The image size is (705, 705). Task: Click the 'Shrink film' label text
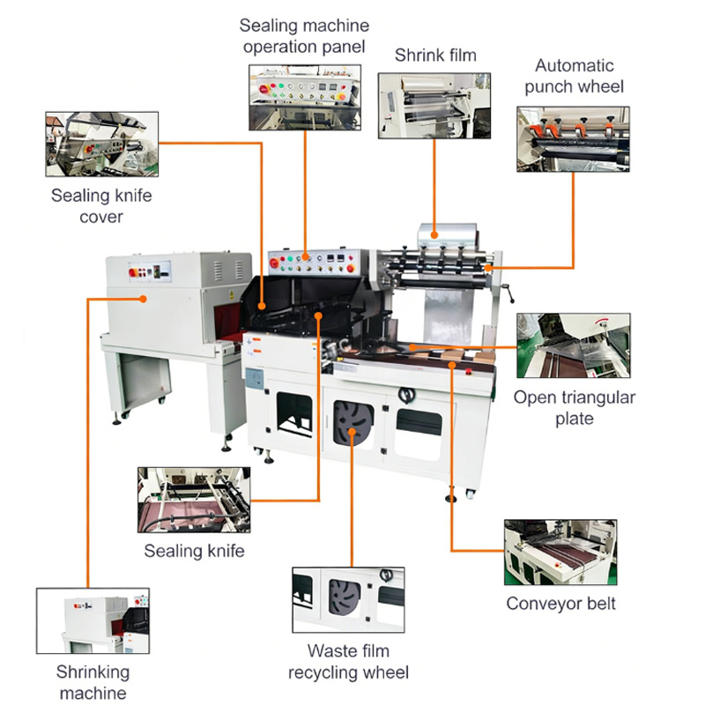coord(435,56)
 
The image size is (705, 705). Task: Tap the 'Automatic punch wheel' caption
coord(575,76)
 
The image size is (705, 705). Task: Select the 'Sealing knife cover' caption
coord(101,206)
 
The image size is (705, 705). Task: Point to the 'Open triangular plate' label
coord(575,408)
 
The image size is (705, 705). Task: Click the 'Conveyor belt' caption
coord(560,604)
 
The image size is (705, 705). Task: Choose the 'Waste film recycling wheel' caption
coord(348,662)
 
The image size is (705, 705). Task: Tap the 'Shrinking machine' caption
coord(93,682)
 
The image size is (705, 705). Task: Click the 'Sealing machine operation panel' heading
coord(304,36)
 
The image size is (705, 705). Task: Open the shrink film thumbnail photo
coord(434,106)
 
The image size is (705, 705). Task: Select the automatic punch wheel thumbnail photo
coord(574,139)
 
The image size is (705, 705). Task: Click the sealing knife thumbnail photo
coord(194,500)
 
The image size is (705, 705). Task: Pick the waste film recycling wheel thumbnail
coord(348,600)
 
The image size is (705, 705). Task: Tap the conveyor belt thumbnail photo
coord(560,553)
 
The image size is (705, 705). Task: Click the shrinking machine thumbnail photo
coord(93,620)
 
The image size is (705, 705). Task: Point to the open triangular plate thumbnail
coord(574,345)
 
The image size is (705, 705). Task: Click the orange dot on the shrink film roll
coord(434,234)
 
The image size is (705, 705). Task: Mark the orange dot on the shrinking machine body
coord(143,299)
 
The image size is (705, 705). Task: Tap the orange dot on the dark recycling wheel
coord(352,432)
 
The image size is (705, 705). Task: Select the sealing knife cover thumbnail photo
coord(102,144)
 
